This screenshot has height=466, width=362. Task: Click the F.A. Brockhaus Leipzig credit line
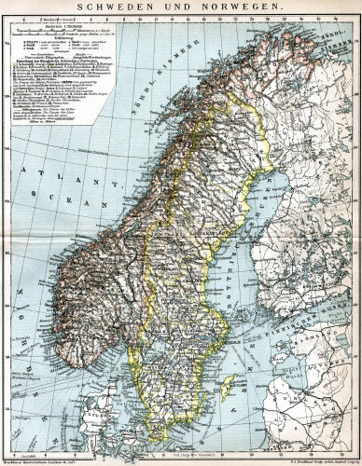coord(308,461)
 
